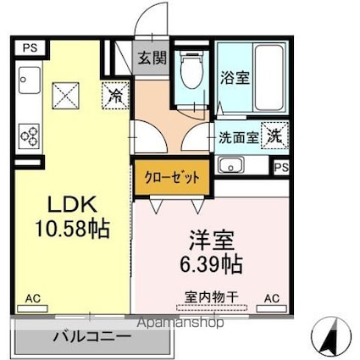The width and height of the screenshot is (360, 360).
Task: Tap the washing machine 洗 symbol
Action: [274, 134]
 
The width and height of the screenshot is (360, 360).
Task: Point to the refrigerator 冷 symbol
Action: [114, 94]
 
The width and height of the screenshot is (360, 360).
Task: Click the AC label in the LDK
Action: [32, 298]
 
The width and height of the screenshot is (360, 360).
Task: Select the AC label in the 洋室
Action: [272, 298]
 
